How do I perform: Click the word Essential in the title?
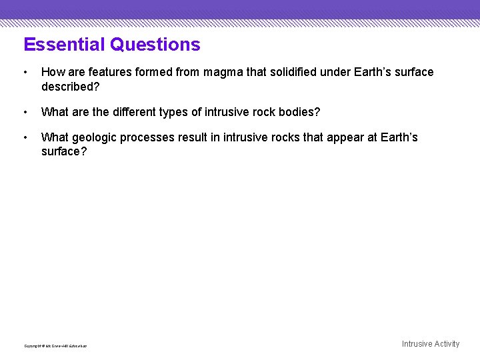coord(64,45)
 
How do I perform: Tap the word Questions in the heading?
coord(155,45)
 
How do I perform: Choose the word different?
coord(138,112)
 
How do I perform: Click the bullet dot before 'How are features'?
coord(25,72)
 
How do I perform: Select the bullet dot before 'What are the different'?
coord(25,112)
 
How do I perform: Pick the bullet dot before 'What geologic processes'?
coord(25,138)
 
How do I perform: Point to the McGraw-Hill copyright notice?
coord(55,345)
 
